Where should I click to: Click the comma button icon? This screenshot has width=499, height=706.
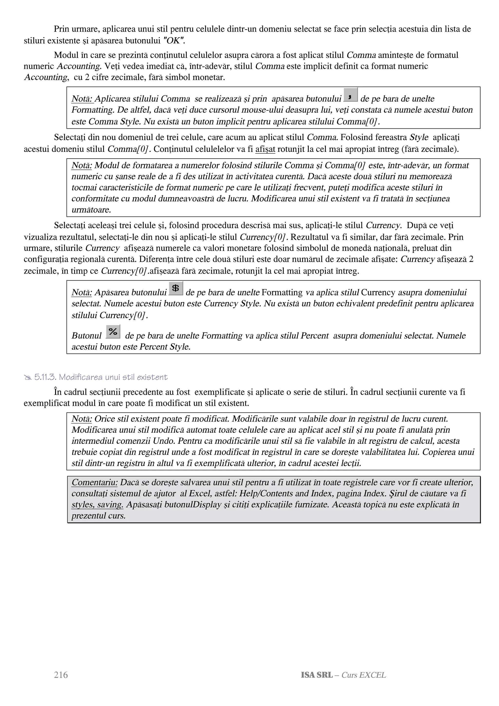tap(350, 95)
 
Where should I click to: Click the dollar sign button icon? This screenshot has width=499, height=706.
tap(176, 288)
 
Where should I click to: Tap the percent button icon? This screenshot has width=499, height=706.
tap(113, 332)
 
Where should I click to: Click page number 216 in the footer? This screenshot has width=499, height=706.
tap(61, 675)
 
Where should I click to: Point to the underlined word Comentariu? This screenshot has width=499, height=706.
tap(94, 482)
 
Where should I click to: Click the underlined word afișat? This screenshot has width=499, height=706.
tap(265, 149)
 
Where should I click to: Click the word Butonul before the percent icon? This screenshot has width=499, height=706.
tap(86, 335)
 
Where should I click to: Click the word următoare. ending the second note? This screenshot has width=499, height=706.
tap(91, 210)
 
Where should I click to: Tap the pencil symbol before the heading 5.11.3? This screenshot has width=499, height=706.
tap(28, 378)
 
